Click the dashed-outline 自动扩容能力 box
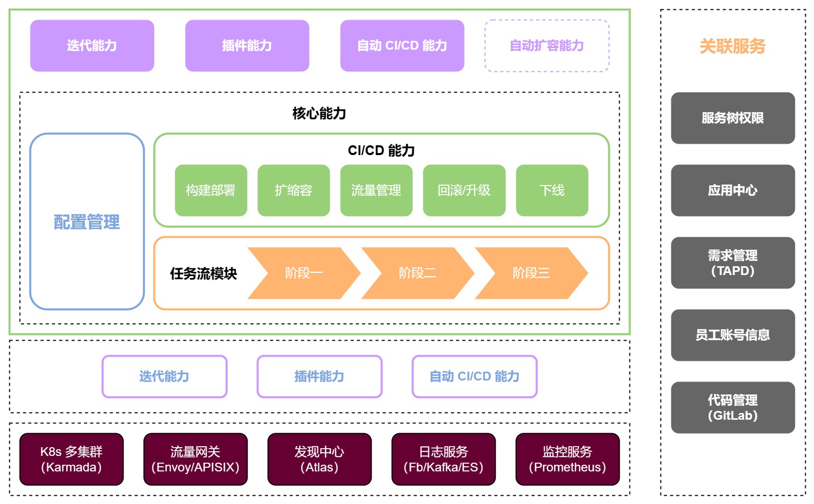click(547, 45)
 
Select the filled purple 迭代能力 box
click(92, 45)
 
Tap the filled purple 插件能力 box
click(247, 45)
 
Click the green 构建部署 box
click(211, 190)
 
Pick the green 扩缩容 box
click(294, 190)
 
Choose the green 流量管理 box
click(376, 190)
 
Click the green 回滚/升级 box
click(464, 190)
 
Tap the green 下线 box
click(552, 190)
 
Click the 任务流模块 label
click(203, 273)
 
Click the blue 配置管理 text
click(87, 222)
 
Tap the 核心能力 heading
click(319, 113)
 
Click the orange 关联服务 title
click(732, 46)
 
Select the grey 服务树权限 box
click(733, 118)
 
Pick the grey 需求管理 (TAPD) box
click(733, 263)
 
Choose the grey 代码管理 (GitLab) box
click(733, 407)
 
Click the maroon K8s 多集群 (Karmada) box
click(71, 459)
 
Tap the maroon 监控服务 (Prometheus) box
click(567, 459)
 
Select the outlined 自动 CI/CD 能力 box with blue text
click(474, 376)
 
